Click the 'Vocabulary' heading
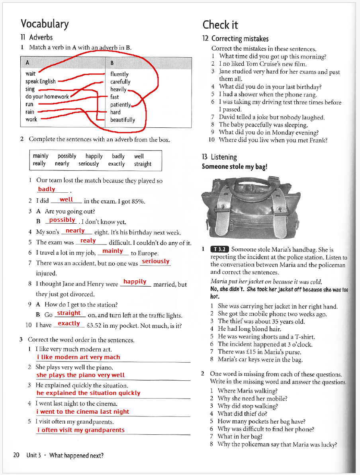tap(45, 24)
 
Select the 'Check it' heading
tap(220, 25)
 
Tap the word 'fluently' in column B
tap(119, 74)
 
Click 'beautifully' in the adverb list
tap(123, 120)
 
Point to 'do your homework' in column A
tap(47, 97)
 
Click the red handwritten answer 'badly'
tap(47, 189)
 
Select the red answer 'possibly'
tap(62, 220)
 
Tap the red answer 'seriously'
tap(156, 261)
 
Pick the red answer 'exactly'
tap(69, 323)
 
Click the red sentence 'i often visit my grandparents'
tap(81, 430)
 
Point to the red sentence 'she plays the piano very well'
tap(80, 375)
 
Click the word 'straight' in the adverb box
tap(143, 164)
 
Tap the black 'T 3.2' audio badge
tap(219, 250)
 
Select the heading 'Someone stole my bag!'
tap(234, 166)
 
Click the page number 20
tap(16, 455)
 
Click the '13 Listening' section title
tap(219, 157)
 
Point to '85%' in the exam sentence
tap(137, 201)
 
